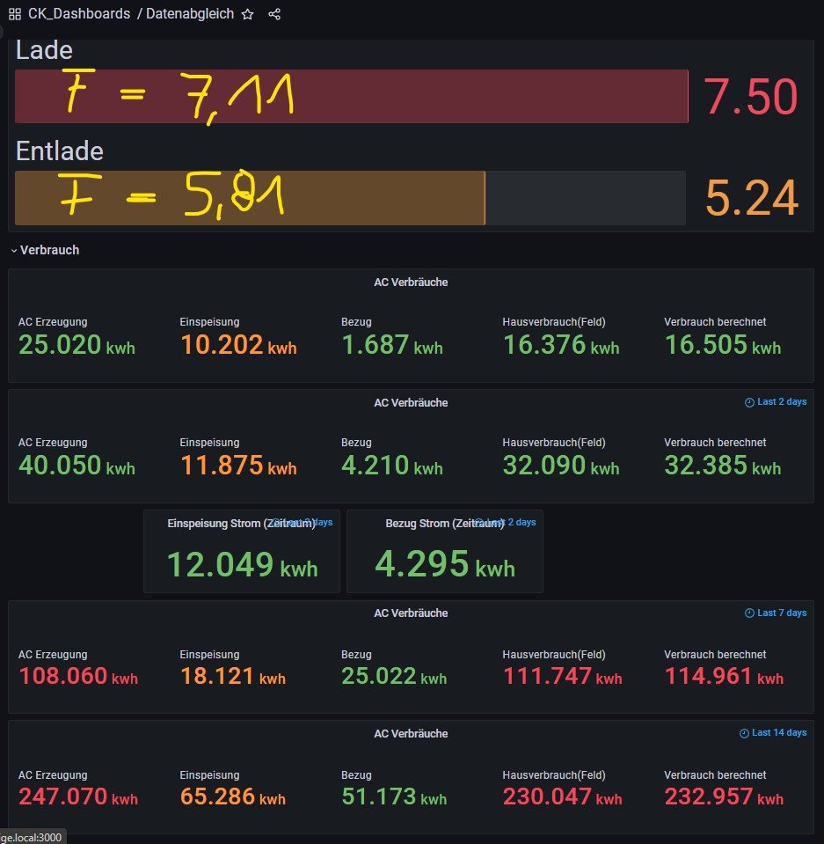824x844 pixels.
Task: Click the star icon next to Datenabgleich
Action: pyautogui.click(x=248, y=14)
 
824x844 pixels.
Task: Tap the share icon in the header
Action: pyautogui.click(x=274, y=14)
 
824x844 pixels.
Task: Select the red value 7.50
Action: pyautogui.click(x=750, y=97)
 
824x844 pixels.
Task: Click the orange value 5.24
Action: pyautogui.click(x=751, y=198)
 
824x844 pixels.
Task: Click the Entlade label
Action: pyautogui.click(x=59, y=151)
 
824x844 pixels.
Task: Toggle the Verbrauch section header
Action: pyautogui.click(x=49, y=250)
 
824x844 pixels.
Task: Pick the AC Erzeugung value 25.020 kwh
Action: pyautogui.click(x=77, y=345)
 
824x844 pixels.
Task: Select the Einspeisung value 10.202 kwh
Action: pyautogui.click(x=237, y=345)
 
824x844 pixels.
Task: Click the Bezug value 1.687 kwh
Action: pyautogui.click(x=391, y=345)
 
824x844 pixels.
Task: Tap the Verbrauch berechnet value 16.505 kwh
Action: pyautogui.click(x=722, y=345)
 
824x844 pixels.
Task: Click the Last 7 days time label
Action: pyautogui.click(x=775, y=613)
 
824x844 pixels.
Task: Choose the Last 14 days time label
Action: pyautogui.click(x=773, y=733)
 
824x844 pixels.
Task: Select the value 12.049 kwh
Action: pyautogui.click(x=242, y=565)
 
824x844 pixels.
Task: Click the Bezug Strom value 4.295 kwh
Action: pyautogui.click(x=444, y=565)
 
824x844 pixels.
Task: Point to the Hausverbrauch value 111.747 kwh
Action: pyautogui.click(x=562, y=677)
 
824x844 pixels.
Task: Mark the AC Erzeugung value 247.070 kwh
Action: pyautogui.click(x=78, y=797)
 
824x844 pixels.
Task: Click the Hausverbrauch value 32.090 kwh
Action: pyautogui.click(x=561, y=466)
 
